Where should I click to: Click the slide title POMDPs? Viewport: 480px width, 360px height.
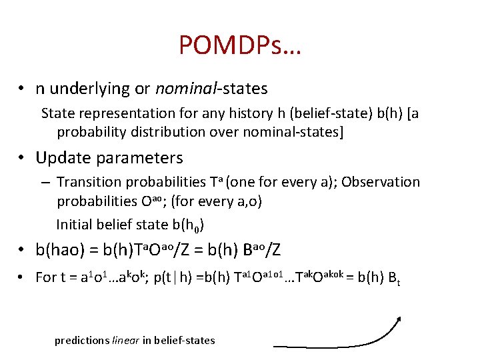tap(239, 45)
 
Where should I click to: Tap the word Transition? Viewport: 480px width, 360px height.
tap(89, 182)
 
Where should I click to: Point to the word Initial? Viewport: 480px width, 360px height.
tap(75, 223)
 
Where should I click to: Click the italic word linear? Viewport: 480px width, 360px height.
tap(125, 340)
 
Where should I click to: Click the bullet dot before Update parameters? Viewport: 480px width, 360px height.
tap(22, 159)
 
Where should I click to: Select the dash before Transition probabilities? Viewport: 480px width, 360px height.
tap(45, 183)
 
